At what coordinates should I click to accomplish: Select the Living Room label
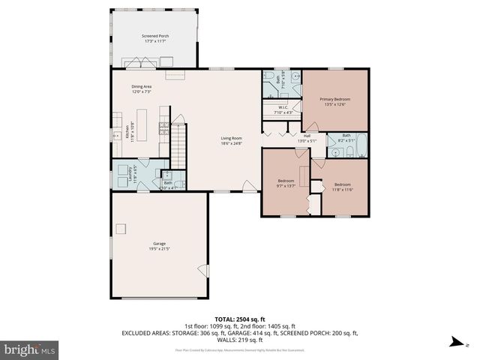tap(231, 138)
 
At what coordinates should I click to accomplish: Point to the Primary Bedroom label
tap(334, 99)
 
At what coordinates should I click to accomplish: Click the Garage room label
tap(159, 244)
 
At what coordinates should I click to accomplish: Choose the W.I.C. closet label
tap(283, 108)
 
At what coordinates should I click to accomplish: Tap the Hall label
tap(306, 136)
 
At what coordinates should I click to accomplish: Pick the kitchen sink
tap(117, 135)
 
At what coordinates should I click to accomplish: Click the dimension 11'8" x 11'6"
tap(342, 189)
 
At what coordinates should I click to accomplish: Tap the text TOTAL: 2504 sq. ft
tap(239, 318)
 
